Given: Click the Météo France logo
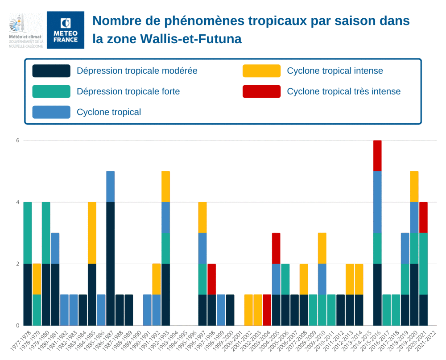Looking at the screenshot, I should tap(66, 30).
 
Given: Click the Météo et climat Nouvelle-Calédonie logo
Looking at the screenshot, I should tap(26, 30).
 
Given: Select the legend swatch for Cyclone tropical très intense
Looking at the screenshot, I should tap(261, 91).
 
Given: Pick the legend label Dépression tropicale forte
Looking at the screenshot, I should tap(128, 91).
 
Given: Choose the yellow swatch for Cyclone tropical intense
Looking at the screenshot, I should tap(261, 71).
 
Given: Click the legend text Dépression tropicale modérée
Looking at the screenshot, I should tap(137, 71).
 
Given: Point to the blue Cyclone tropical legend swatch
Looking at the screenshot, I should tap(51, 112).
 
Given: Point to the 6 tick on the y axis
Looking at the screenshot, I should tap(18, 141).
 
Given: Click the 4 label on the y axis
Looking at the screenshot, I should tap(18, 202).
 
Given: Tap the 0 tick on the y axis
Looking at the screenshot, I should tap(18, 326).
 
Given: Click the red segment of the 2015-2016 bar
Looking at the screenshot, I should tap(377, 156).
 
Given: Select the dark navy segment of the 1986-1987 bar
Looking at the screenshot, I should tap(110, 263).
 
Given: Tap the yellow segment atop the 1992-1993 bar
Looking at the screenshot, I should tap(165, 186).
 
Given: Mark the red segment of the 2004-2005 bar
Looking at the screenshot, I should tap(276, 248).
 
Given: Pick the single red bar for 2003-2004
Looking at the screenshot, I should tap(267, 310).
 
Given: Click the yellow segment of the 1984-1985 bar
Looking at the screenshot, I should tap(92, 232).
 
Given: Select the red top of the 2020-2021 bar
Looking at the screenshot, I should tap(423, 217).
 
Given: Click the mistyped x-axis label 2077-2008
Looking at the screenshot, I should tap(296, 343).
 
